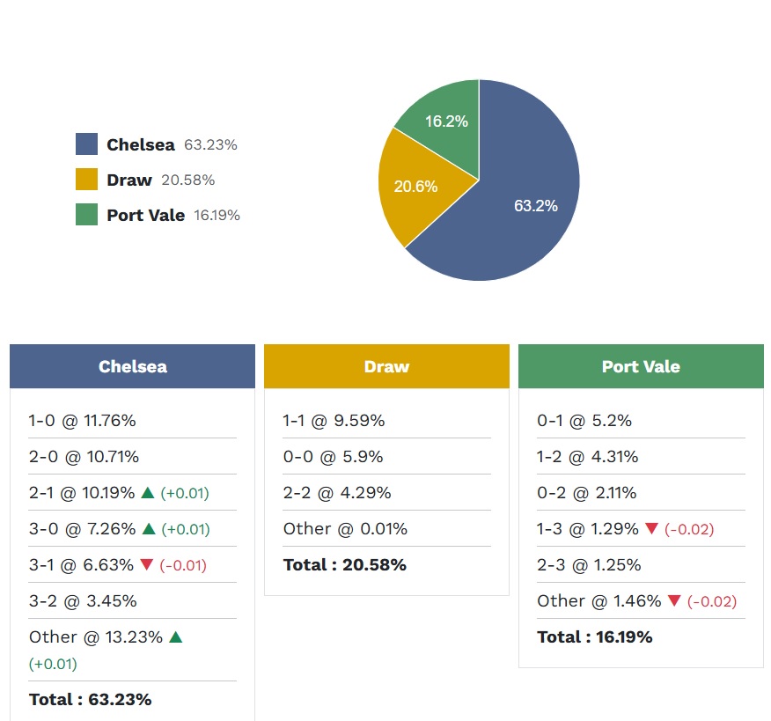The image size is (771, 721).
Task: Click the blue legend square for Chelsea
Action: click(86, 144)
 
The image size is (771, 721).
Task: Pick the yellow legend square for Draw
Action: click(86, 180)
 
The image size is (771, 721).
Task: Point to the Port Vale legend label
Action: click(145, 215)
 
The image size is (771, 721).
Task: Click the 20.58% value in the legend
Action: click(187, 180)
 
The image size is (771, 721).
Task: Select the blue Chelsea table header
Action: click(132, 366)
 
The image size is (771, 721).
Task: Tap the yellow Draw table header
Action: click(386, 366)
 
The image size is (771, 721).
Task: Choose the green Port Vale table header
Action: click(641, 366)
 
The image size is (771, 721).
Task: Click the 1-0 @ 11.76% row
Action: click(82, 421)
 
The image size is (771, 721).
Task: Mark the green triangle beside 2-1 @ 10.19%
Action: click(148, 492)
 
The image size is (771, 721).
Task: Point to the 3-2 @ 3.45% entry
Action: click(83, 601)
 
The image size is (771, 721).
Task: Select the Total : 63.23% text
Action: click(90, 700)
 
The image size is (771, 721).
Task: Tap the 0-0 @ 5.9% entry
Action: click(334, 457)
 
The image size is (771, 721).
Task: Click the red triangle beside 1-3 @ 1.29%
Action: click(651, 528)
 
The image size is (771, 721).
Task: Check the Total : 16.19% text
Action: click(595, 637)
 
